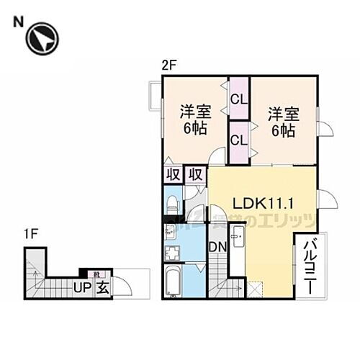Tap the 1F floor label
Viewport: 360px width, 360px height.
pyautogui.click(x=30, y=235)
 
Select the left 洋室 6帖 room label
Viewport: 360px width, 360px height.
pyautogui.click(x=194, y=120)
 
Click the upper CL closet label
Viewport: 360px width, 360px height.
pyautogui.click(x=238, y=96)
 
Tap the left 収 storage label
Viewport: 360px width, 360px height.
pyautogui.click(x=173, y=174)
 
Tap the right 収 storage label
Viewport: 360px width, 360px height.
pyautogui.click(x=194, y=174)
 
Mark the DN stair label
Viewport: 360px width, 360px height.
pyautogui.click(x=218, y=247)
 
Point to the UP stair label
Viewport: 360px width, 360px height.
pyautogui.click(x=81, y=289)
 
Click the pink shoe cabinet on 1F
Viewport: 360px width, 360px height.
pyautogui.click(x=96, y=274)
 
